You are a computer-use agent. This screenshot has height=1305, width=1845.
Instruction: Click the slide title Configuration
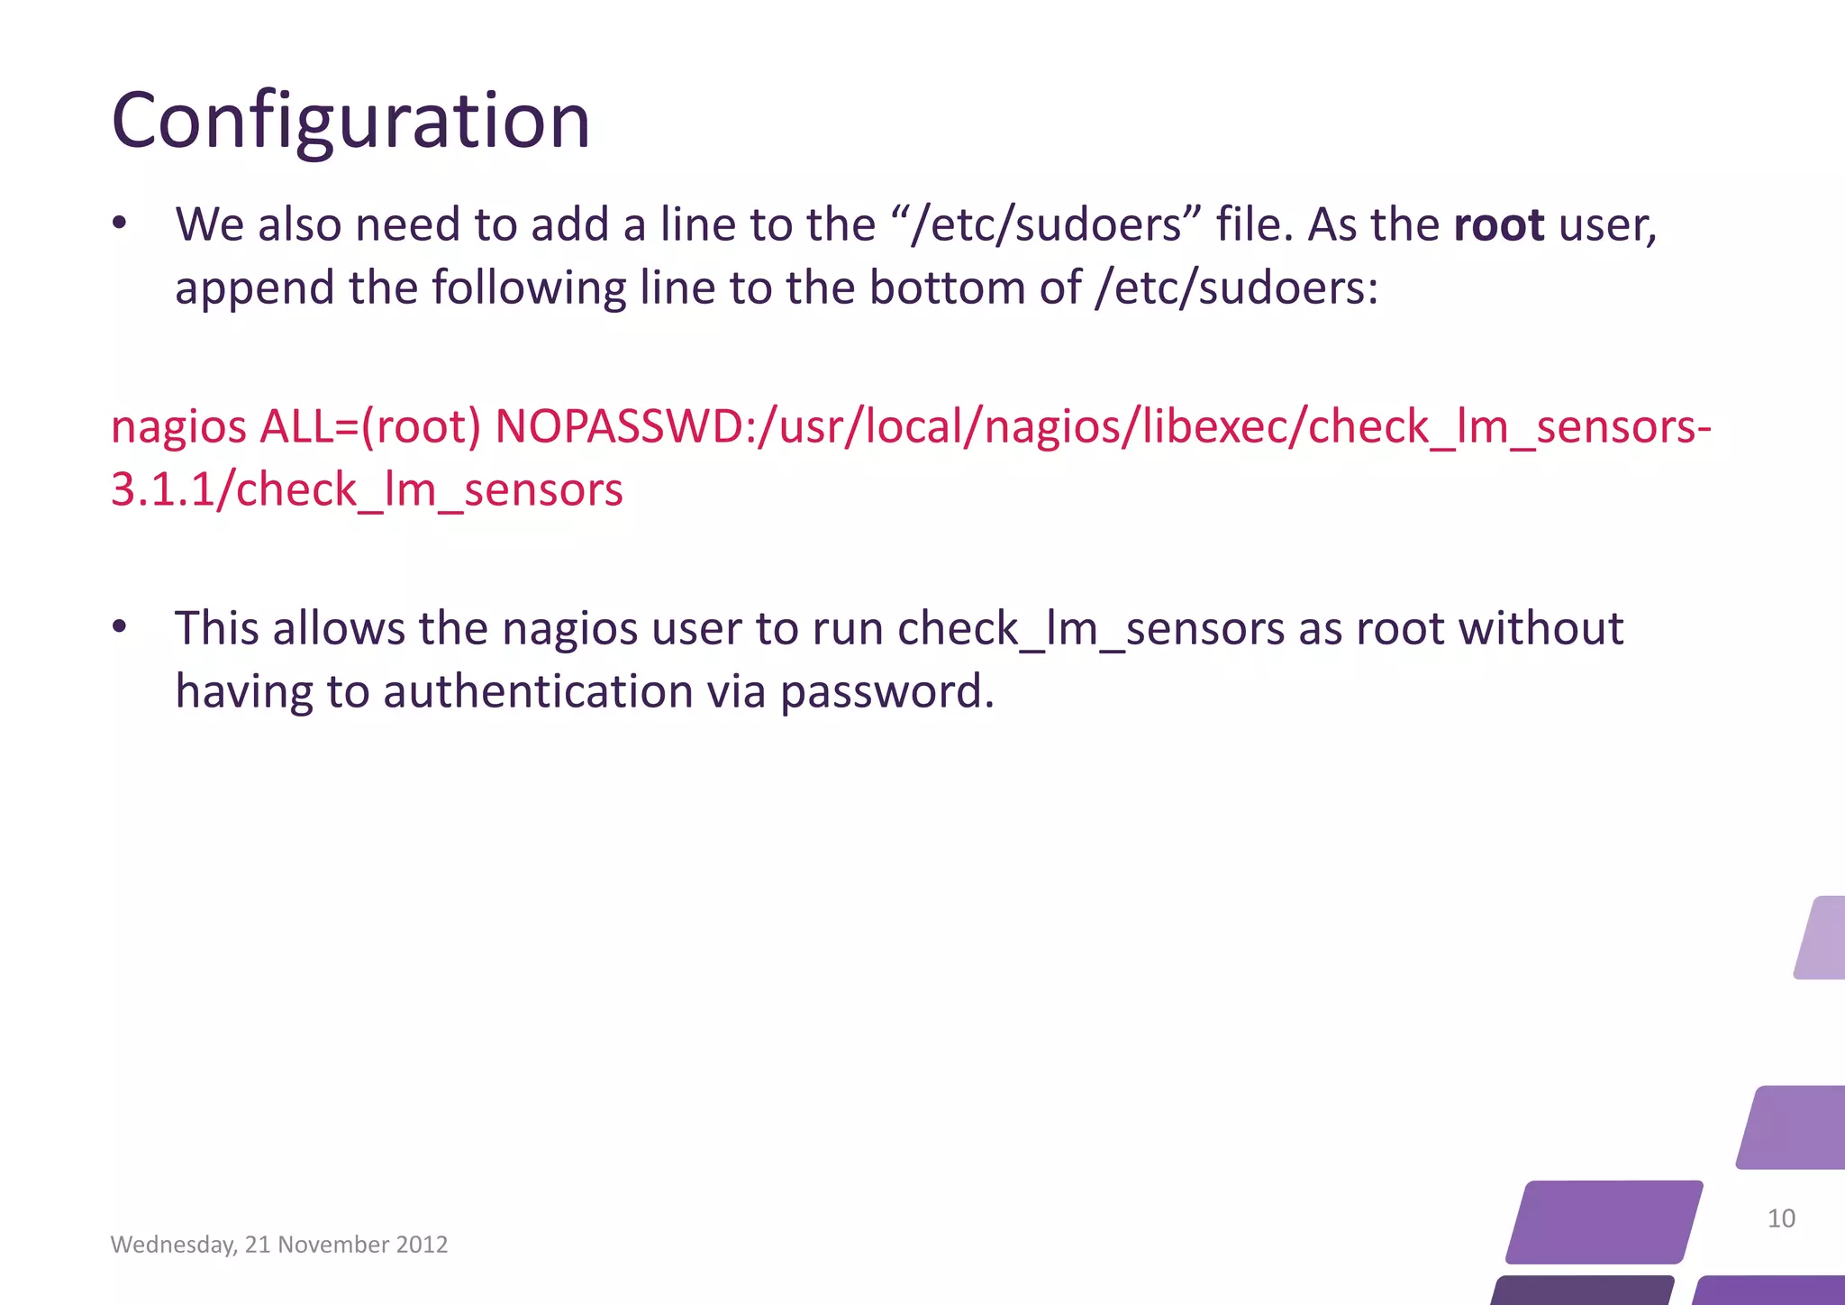click(x=350, y=121)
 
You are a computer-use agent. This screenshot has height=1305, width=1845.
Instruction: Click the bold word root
click(x=1499, y=224)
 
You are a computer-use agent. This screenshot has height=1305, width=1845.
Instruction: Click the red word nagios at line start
click(x=178, y=428)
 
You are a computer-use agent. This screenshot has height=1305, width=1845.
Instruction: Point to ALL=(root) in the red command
click(x=370, y=426)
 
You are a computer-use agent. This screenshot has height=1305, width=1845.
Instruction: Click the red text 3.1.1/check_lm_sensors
click(x=367, y=490)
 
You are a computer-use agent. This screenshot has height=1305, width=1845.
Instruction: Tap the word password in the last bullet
click(x=886, y=692)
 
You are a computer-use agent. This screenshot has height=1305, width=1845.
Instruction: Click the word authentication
click(x=539, y=692)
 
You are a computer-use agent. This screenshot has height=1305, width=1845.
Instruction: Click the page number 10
click(x=1781, y=1218)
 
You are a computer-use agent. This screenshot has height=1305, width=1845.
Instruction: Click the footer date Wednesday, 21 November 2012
click(x=279, y=1245)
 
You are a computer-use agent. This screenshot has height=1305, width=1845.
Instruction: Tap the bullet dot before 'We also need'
click(x=120, y=224)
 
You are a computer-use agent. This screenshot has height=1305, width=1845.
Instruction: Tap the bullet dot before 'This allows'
click(x=120, y=627)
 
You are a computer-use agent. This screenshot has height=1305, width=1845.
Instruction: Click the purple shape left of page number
click(x=1604, y=1221)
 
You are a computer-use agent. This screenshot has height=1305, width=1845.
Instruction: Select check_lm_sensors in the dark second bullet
click(x=1091, y=630)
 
